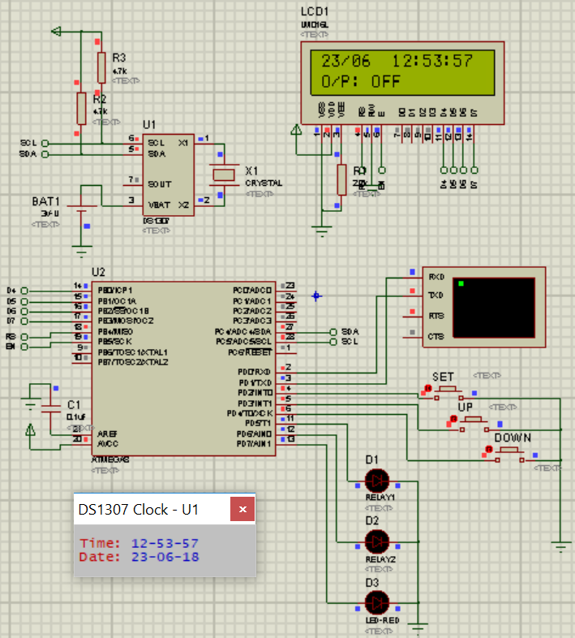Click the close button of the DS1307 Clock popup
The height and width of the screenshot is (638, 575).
tap(242, 510)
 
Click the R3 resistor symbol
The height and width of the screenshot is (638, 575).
tap(101, 67)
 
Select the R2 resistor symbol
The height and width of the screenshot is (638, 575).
tap(81, 108)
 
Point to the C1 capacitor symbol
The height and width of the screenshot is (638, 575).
tap(50, 405)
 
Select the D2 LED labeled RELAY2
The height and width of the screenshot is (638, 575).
tap(377, 540)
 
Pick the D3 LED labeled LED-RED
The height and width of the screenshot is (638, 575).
tap(377, 602)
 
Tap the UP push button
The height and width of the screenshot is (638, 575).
tap(473, 420)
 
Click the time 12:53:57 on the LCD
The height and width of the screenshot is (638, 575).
tap(432, 61)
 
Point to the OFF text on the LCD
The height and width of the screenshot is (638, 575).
tap(386, 81)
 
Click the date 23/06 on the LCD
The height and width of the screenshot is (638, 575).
tap(346, 61)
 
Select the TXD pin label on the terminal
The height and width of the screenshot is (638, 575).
tap(436, 295)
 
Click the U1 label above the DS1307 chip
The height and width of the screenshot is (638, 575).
tap(149, 124)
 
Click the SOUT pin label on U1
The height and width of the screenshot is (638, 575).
tap(160, 183)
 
